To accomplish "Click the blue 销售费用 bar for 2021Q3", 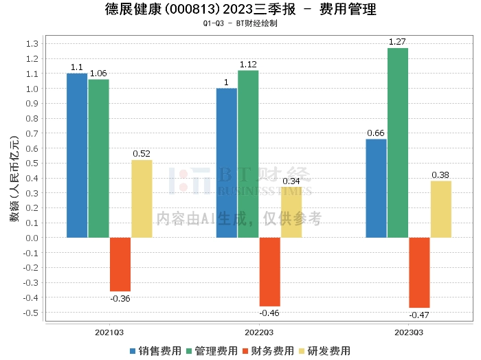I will (77, 155).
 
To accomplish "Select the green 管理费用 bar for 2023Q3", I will (398, 143).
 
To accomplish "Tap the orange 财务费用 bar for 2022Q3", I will (270, 272).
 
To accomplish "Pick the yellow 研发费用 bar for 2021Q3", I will (142, 199).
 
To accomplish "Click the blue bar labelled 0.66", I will (376, 188).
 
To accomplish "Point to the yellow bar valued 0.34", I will (291, 212).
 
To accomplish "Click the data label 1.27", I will (398, 42).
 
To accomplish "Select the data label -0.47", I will (419, 315).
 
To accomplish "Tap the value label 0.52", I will (142, 153).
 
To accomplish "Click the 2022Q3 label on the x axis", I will (259, 333).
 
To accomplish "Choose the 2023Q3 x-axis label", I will (409, 333).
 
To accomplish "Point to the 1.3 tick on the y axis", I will (31, 43).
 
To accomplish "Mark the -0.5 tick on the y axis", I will (30, 313).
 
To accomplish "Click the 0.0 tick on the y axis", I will (31, 238).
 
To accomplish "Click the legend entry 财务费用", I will (269, 351).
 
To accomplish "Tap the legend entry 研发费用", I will (326, 351).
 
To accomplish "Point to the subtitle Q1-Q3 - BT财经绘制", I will (240, 23).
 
